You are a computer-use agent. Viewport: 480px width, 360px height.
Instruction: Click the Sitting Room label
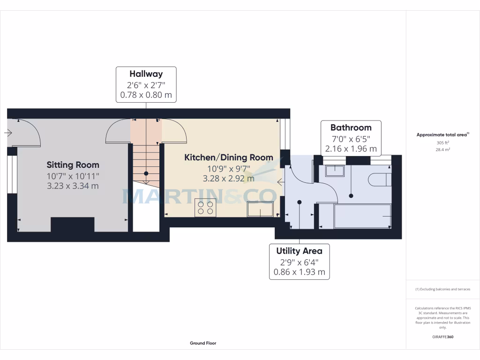[x=73, y=165]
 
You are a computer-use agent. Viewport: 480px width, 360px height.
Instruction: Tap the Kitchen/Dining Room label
[x=228, y=157]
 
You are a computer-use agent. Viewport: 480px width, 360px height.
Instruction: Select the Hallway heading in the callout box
[x=146, y=74]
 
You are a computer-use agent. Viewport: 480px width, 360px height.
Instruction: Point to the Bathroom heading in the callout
[x=351, y=127]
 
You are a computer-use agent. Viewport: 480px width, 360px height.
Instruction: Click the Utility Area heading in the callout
[x=299, y=251]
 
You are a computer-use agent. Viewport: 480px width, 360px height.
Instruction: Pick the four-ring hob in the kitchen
[x=205, y=208]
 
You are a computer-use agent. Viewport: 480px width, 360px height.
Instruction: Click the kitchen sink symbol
[x=260, y=209]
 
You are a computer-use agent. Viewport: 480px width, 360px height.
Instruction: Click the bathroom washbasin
[x=335, y=171]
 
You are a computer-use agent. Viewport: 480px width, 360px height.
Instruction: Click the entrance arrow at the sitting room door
[x=8, y=133]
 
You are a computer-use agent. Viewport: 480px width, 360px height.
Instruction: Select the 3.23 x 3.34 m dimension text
[x=73, y=186]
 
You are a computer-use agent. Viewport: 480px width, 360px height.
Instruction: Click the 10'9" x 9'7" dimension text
[x=228, y=168]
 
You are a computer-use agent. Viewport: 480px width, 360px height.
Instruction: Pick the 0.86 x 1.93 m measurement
[x=299, y=272]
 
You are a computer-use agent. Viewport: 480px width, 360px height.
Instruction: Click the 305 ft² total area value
[x=443, y=142]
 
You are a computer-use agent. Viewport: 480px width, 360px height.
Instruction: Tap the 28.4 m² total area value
[x=443, y=150]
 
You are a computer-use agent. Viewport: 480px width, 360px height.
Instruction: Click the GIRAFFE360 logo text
[x=443, y=337]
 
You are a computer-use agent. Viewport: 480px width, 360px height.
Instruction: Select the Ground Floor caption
[x=203, y=343]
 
